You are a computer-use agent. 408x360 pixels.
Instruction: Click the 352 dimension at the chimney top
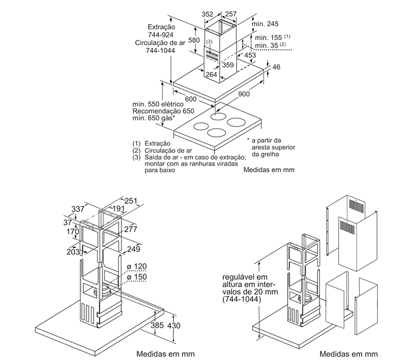pos(207,14)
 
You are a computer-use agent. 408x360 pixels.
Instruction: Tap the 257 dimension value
pos(230,14)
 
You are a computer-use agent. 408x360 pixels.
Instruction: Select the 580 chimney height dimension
pos(193,41)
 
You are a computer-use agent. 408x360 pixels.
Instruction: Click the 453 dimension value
pos(250,55)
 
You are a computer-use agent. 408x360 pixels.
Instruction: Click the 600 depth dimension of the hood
pos(191,99)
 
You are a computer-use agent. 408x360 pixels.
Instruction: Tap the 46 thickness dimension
pos(276,67)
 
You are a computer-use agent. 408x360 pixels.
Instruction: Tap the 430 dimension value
pos(175,326)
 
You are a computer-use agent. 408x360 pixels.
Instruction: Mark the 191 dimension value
pos(119,208)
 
